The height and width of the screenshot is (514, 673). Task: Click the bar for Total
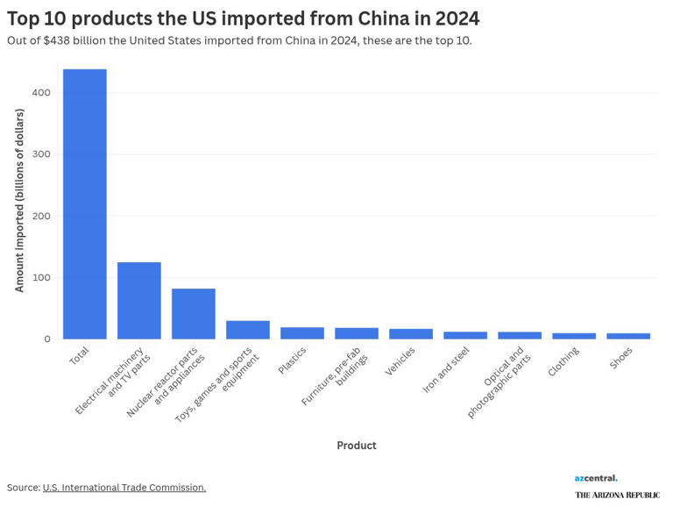click(x=85, y=203)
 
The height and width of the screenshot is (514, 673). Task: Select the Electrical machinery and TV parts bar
click(x=139, y=300)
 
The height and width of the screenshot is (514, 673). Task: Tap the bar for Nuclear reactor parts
click(x=194, y=313)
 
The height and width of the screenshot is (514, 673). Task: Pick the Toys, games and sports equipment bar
click(x=248, y=330)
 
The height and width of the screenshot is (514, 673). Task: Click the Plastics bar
click(x=302, y=333)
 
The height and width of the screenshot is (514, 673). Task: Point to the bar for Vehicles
click(x=411, y=334)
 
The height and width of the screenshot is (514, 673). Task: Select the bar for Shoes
click(x=628, y=336)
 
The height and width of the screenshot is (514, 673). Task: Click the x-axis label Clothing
click(x=563, y=361)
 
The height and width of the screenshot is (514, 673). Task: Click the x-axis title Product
click(x=357, y=446)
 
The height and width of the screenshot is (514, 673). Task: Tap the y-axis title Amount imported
click(x=19, y=215)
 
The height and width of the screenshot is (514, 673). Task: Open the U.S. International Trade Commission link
click(x=124, y=488)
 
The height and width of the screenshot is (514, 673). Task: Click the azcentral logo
click(x=596, y=478)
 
